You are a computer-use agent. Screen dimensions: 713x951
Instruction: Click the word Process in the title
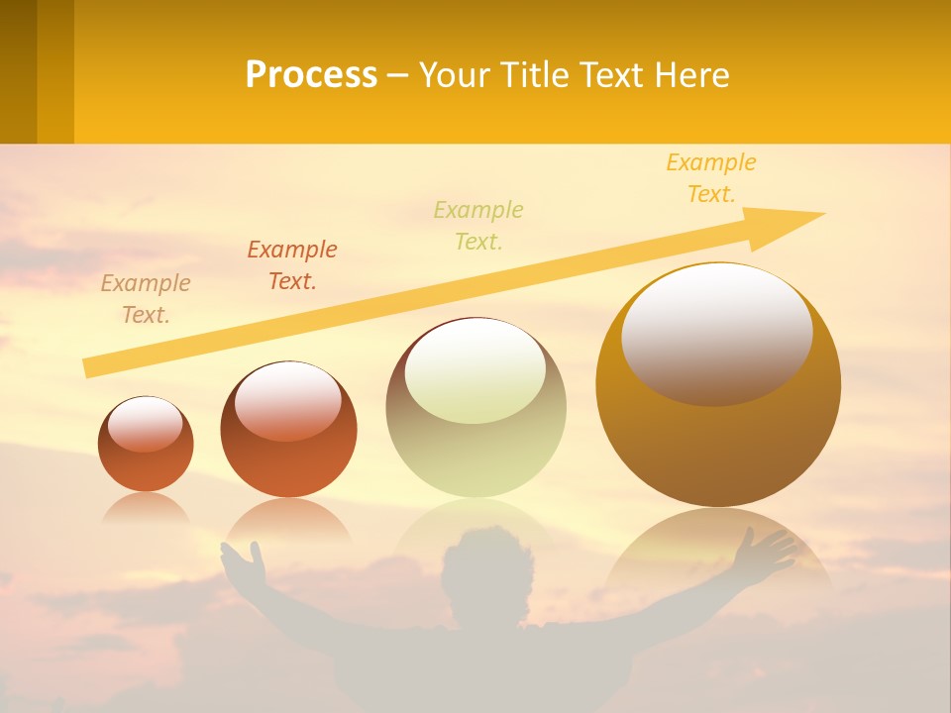coord(311,75)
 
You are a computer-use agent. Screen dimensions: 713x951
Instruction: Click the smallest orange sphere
coord(146,444)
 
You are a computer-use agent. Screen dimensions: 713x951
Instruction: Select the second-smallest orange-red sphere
coord(288,429)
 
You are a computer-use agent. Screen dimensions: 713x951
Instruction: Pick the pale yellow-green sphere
coord(475,407)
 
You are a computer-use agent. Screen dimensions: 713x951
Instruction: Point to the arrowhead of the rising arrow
coord(792,224)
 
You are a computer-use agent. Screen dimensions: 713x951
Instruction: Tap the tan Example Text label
coord(146,299)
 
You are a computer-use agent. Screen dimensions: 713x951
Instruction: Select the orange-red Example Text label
coord(292,265)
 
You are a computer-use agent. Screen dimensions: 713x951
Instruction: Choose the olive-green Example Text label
coord(478,226)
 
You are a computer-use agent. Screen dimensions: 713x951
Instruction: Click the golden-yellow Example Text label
coord(711,178)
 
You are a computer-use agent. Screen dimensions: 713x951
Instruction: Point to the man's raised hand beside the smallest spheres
coord(244,564)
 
